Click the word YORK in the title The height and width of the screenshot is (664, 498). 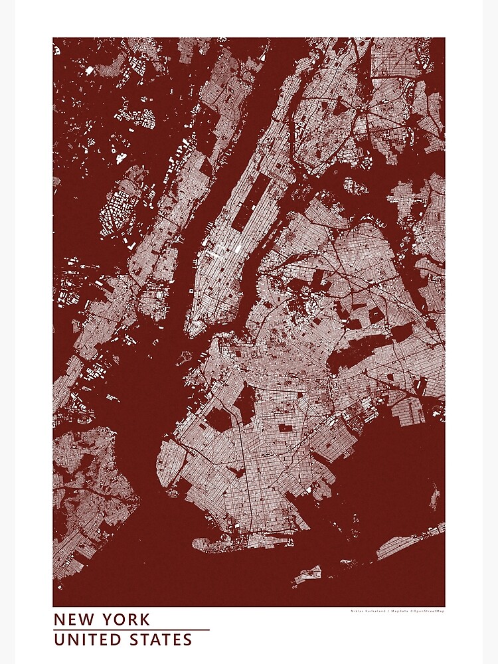[x=126, y=620]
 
